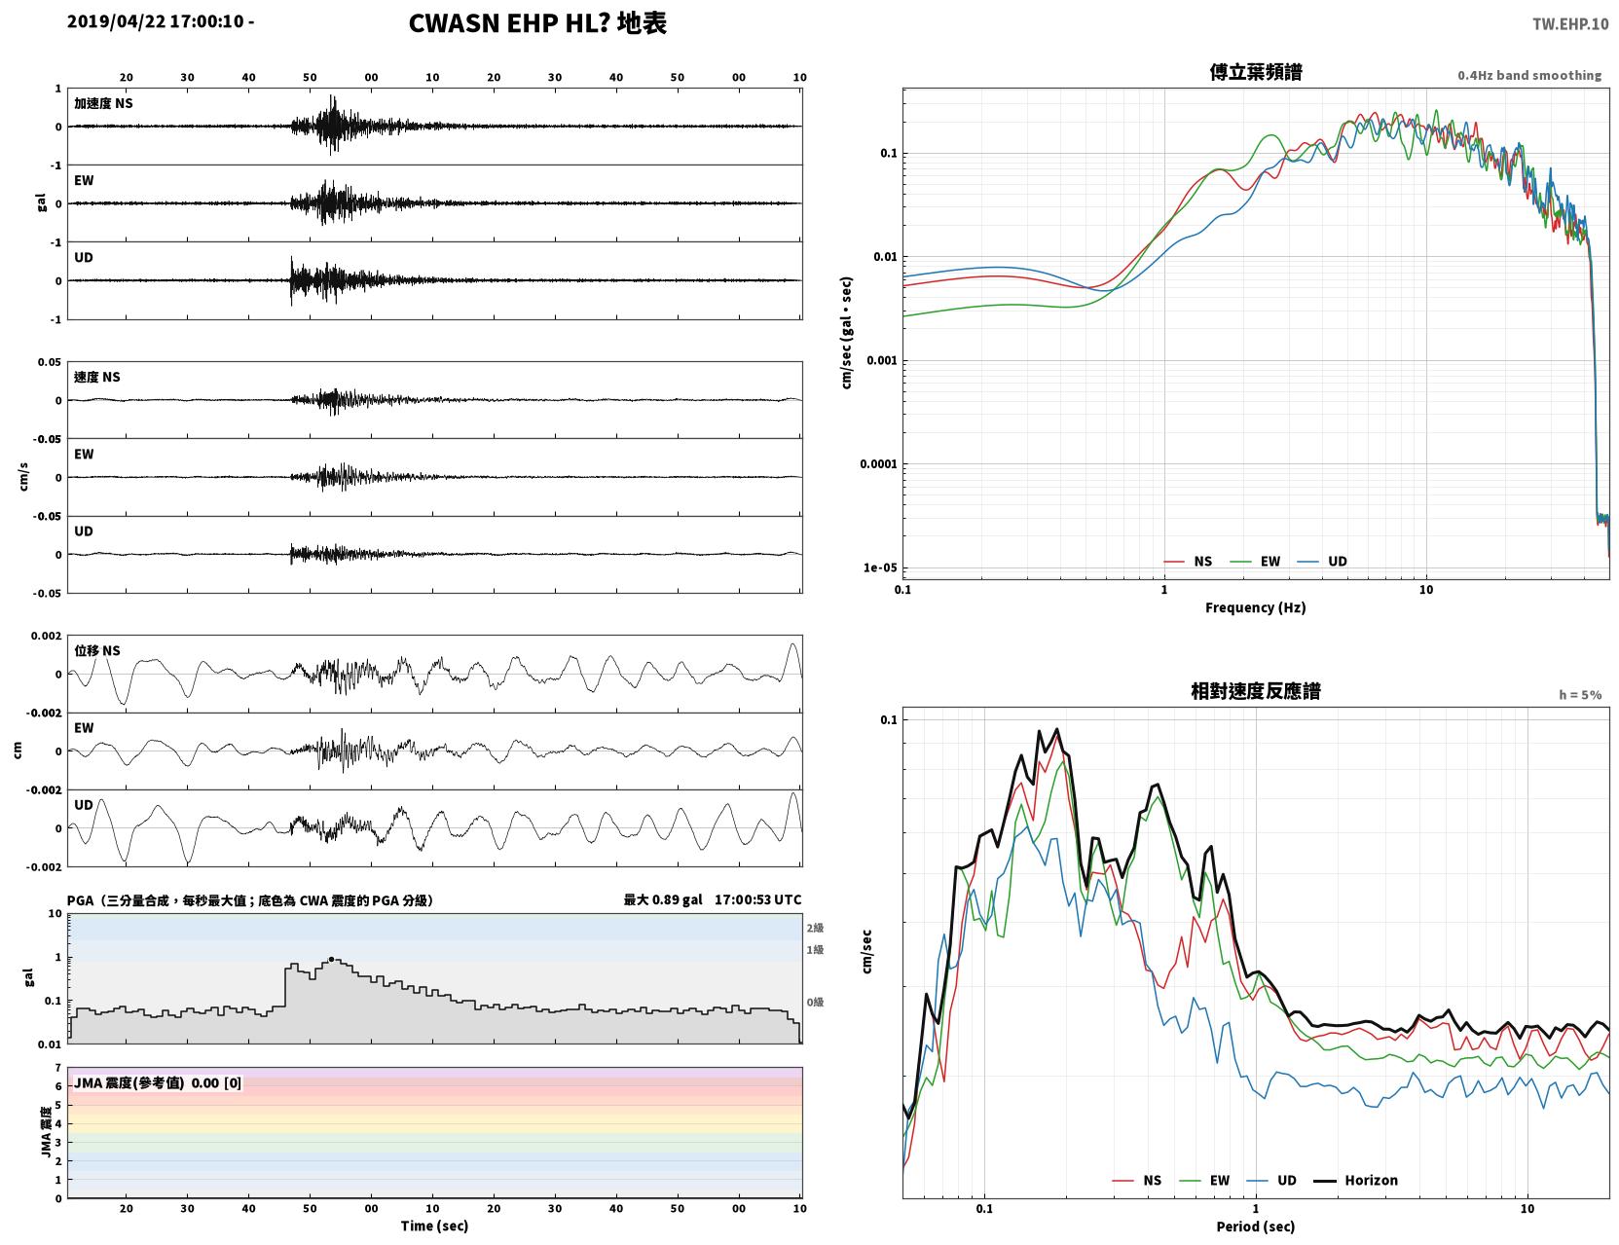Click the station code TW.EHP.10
coord(1569,23)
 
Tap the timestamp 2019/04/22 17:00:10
coord(156,20)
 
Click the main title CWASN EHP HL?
coord(509,23)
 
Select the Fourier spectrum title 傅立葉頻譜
coord(1256,72)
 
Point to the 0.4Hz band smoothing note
coord(1528,75)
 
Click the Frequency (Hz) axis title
coord(1255,607)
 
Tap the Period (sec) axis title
coord(1255,1227)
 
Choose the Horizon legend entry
coord(1355,1180)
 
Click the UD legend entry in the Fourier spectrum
coord(1322,562)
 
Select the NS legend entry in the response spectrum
coord(1137,1180)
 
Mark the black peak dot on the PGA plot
coord(332,959)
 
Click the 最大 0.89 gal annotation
coord(662,899)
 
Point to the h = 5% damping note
coord(1579,695)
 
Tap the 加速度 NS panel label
coord(103,103)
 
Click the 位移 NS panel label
coord(96,651)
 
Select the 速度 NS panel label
coord(96,377)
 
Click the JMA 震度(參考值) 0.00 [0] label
coord(157,1082)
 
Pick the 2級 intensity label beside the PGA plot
coord(815,928)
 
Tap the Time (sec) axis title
coord(434,1226)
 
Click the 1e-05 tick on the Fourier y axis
coord(880,568)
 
